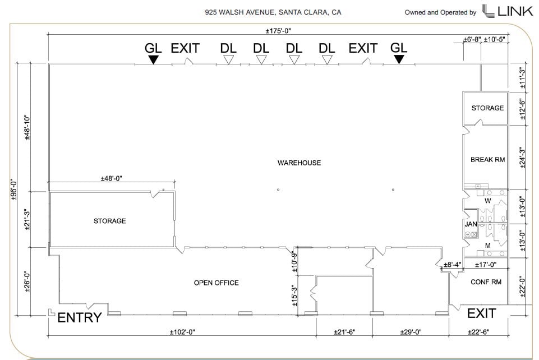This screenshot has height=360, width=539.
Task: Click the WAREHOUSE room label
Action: click(299, 163)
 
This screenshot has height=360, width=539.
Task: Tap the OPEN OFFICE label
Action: click(216, 283)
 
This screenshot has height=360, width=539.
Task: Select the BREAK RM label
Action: click(487, 160)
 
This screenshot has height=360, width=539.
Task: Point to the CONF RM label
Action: click(486, 282)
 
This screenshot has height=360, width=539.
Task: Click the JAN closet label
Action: click(471, 224)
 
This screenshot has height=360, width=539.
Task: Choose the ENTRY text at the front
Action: click(80, 318)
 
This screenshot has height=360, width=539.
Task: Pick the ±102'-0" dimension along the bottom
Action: click(182, 332)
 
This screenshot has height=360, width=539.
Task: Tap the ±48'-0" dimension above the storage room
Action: click(111, 178)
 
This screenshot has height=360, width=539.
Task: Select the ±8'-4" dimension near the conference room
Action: click(453, 265)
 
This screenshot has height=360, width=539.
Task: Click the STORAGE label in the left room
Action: click(109, 221)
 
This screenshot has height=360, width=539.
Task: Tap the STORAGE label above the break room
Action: click(487, 108)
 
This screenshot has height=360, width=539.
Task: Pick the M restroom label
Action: click(487, 246)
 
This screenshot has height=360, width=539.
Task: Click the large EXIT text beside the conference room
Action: click(482, 313)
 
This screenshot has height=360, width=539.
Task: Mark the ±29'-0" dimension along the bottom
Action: click(411, 332)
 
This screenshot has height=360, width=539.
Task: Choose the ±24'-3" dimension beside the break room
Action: click(523, 158)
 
